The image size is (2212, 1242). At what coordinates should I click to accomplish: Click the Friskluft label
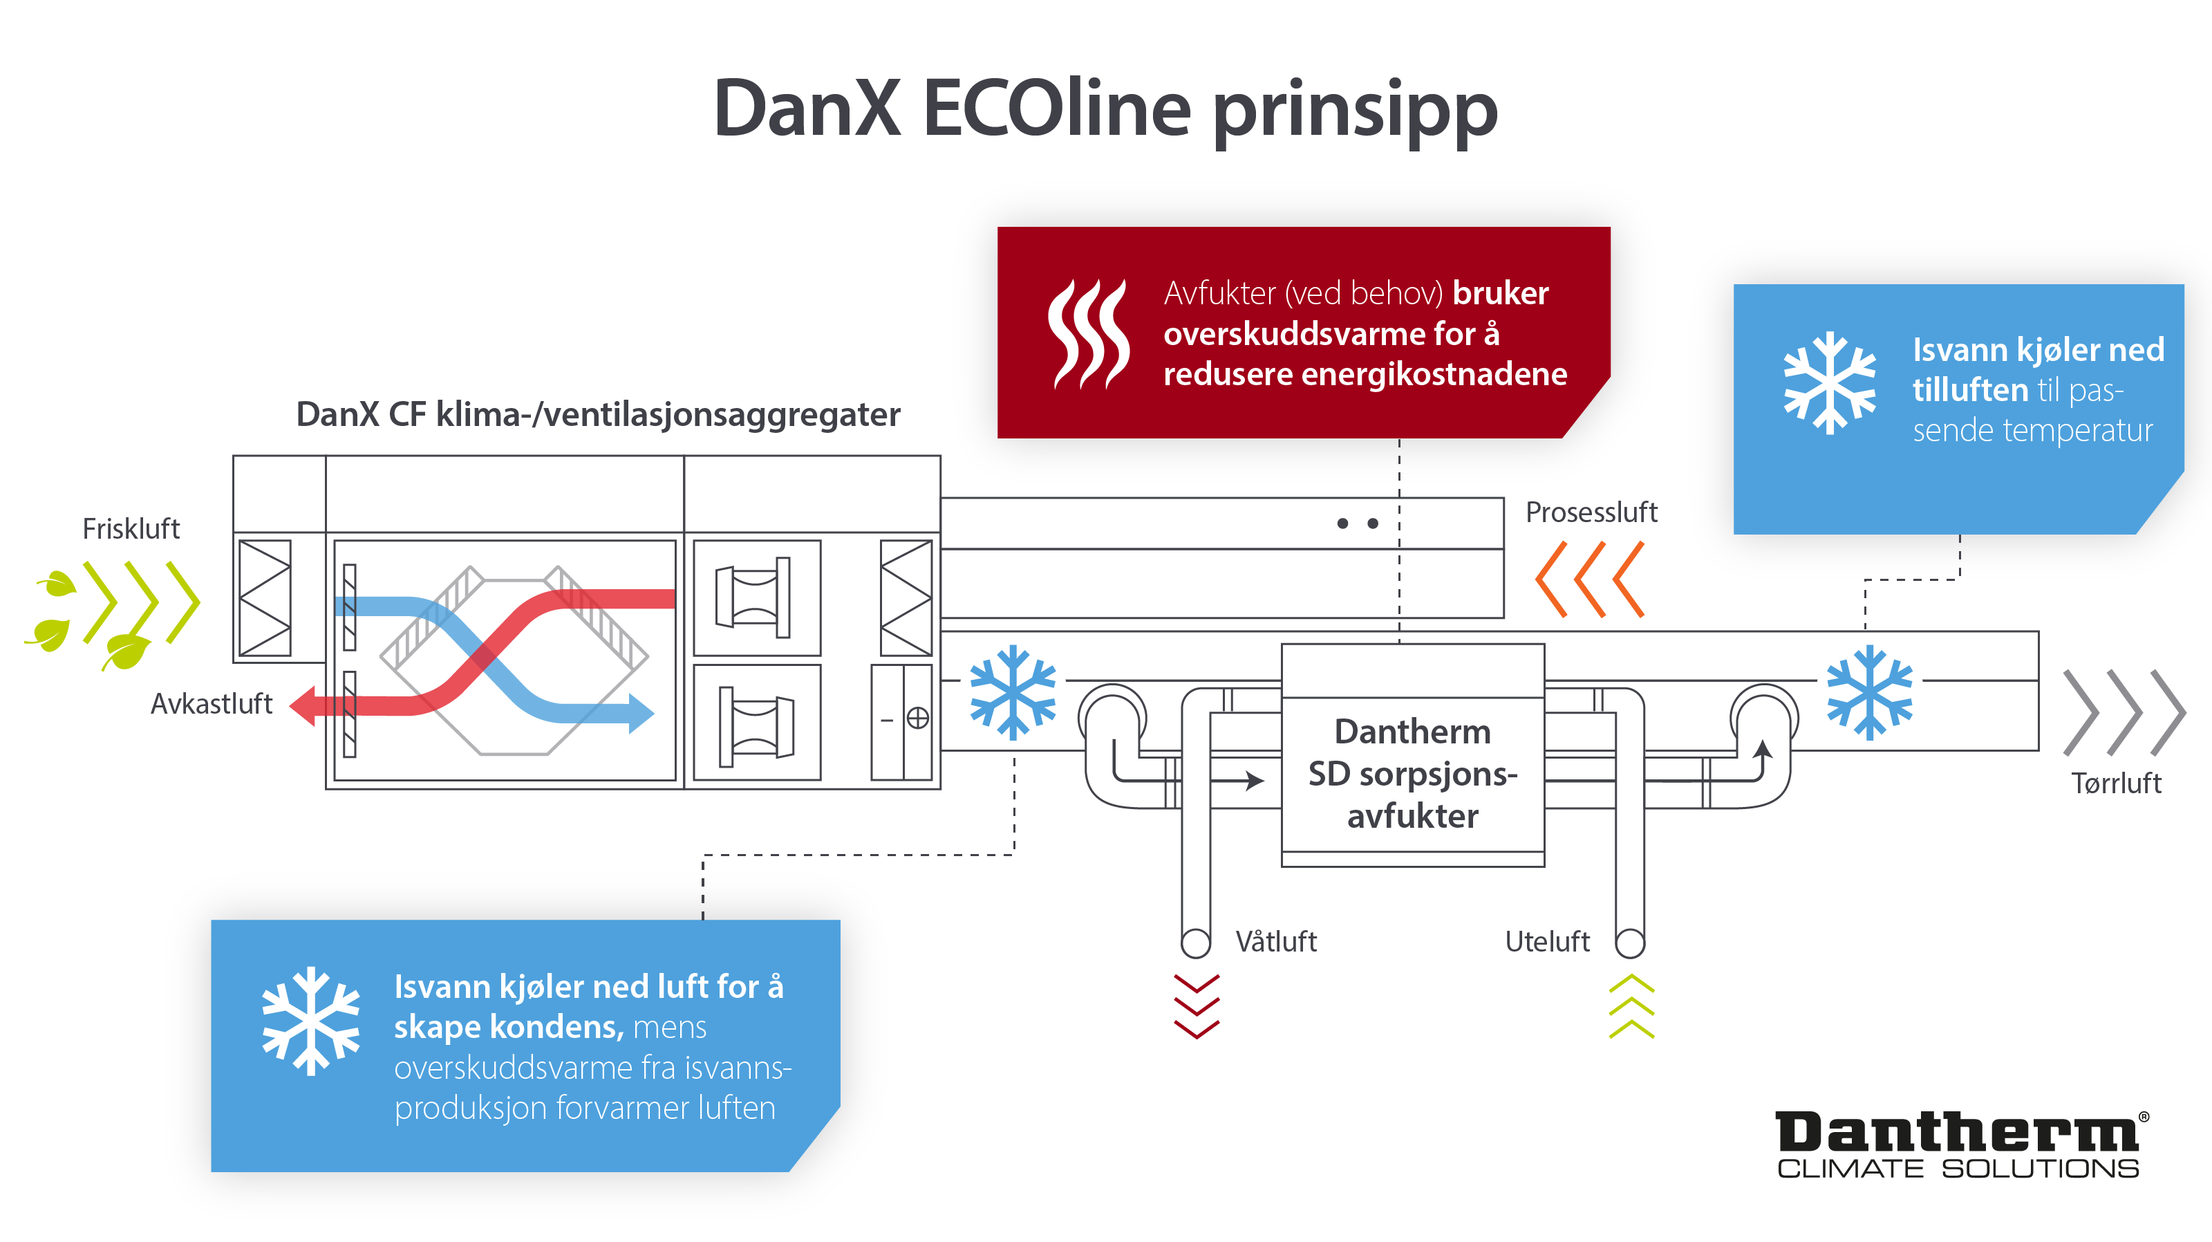(x=131, y=528)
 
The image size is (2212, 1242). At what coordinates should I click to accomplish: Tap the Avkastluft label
(x=212, y=703)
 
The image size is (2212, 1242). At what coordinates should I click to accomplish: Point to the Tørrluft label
(x=2116, y=783)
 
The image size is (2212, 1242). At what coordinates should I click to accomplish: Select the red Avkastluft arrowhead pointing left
(x=304, y=706)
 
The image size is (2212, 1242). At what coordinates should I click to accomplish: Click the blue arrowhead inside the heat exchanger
(x=641, y=713)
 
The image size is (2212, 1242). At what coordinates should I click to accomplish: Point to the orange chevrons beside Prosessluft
(x=1589, y=579)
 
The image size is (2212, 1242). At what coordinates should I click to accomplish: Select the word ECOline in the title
(x=1056, y=109)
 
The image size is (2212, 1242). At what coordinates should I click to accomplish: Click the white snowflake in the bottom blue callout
(x=311, y=1021)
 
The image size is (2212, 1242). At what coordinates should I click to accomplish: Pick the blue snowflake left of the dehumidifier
(x=1013, y=692)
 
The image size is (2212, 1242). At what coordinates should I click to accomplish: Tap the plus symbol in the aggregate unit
(x=918, y=718)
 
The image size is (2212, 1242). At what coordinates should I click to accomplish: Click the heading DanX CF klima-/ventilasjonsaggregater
(x=598, y=414)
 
